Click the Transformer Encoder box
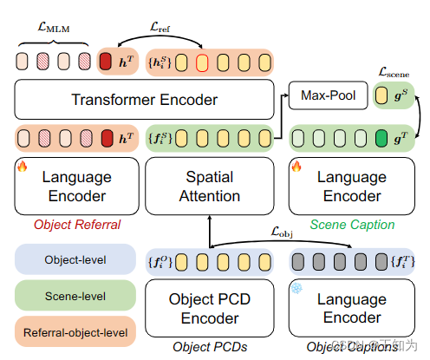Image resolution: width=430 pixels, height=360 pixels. (x=143, y=100)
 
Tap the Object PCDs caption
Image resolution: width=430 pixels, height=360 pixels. (x=210, y=347)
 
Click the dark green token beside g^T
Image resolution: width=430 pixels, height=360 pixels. (x=381, y=137)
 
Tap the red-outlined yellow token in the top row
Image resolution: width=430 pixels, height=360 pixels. (x=201, y=62)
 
